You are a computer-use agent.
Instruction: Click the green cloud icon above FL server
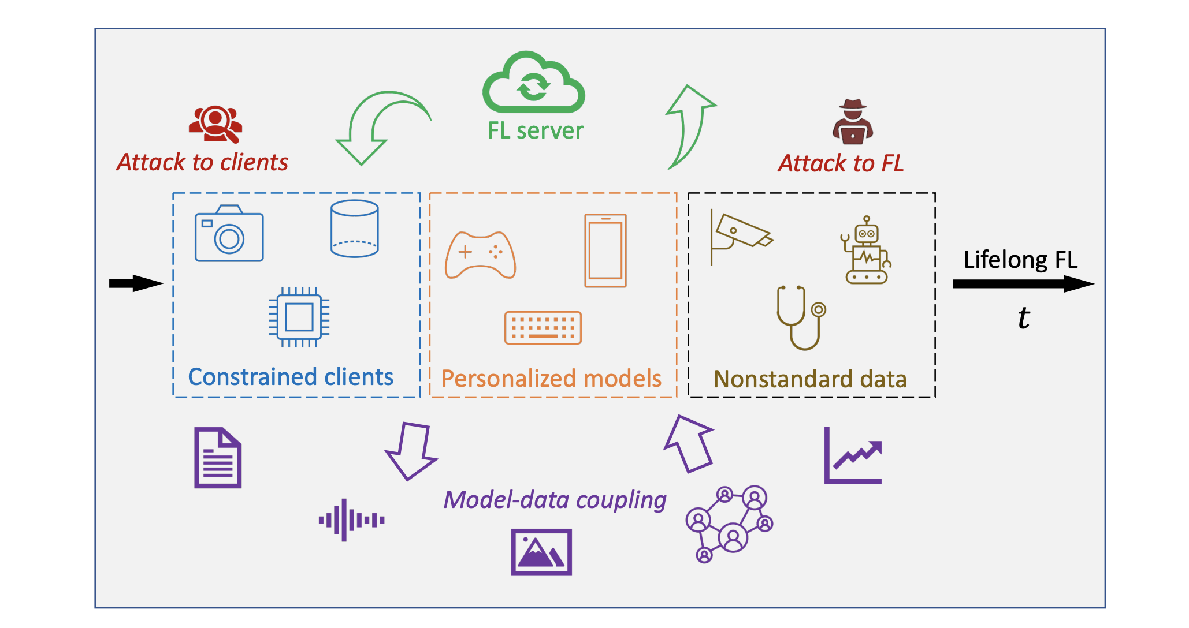tap(533, 84)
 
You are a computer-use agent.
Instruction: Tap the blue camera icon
tap(229, 234)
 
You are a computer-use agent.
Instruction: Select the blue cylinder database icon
tap(354, 229)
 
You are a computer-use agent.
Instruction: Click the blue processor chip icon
tap(299, 317)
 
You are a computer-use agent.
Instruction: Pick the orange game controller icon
tap(480, 255)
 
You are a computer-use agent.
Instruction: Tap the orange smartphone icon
tap(605, 251)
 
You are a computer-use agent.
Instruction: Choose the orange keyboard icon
tap(543, 328)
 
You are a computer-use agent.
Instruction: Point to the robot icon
tap(866, 251)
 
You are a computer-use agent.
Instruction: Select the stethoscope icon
tap(800, 317)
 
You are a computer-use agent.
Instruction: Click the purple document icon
tap(218, 458)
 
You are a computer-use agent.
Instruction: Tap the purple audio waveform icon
tap(351, 520)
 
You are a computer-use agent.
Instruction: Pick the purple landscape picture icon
tap(541, 552)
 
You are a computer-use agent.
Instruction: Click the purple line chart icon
tap(853, 456)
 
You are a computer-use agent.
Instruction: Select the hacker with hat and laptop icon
tap(852, 122)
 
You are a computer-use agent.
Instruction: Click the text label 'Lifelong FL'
tap(1020, 260)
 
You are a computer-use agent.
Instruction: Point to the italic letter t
tap(1024, 317)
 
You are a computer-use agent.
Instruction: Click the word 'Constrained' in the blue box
tap(253, 377)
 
